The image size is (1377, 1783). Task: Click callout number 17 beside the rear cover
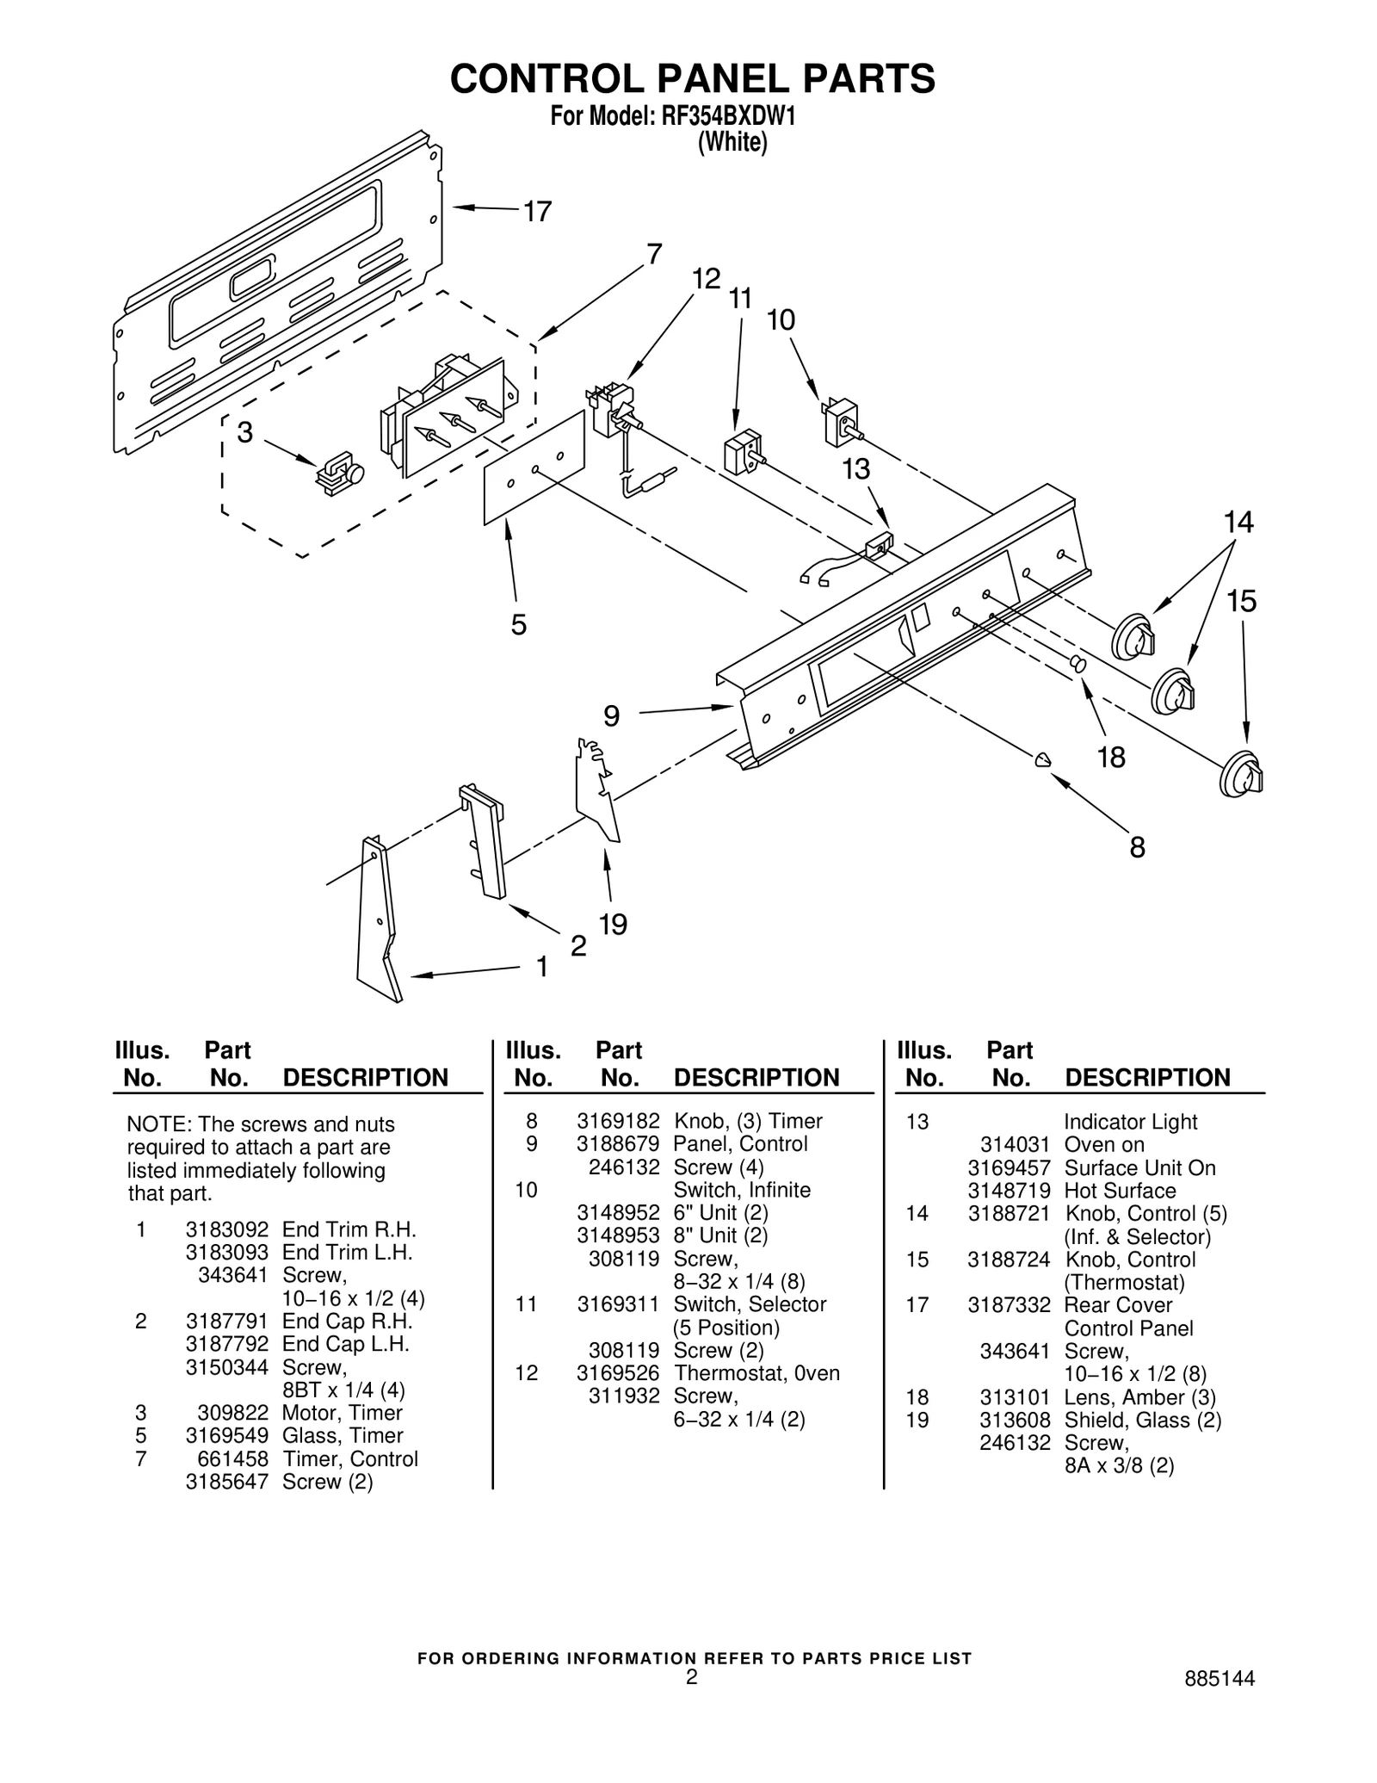[x=537, y=212]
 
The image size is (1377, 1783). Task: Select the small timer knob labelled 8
[x=1042, y=758]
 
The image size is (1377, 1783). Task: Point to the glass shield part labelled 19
[x=597, y=788]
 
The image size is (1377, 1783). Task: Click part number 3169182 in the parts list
[x=617, y=1121]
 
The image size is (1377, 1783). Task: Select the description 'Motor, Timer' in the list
[x=342, y=1413]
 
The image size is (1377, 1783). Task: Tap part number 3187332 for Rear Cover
[x=1008, y=1305]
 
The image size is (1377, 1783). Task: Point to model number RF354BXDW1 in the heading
[x=726, y=116]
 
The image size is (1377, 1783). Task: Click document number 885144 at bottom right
[x=1219, y=1679]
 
